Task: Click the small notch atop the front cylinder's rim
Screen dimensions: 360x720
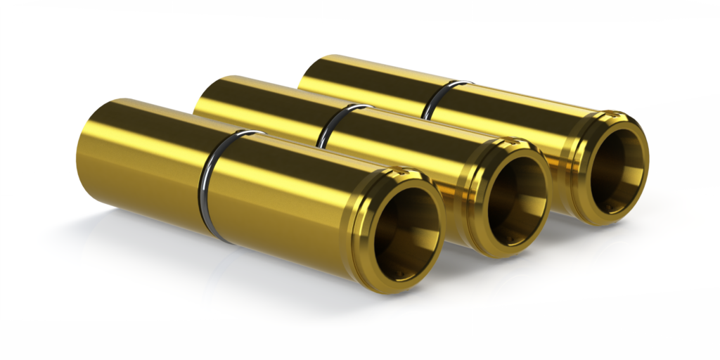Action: tap(399, 171)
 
